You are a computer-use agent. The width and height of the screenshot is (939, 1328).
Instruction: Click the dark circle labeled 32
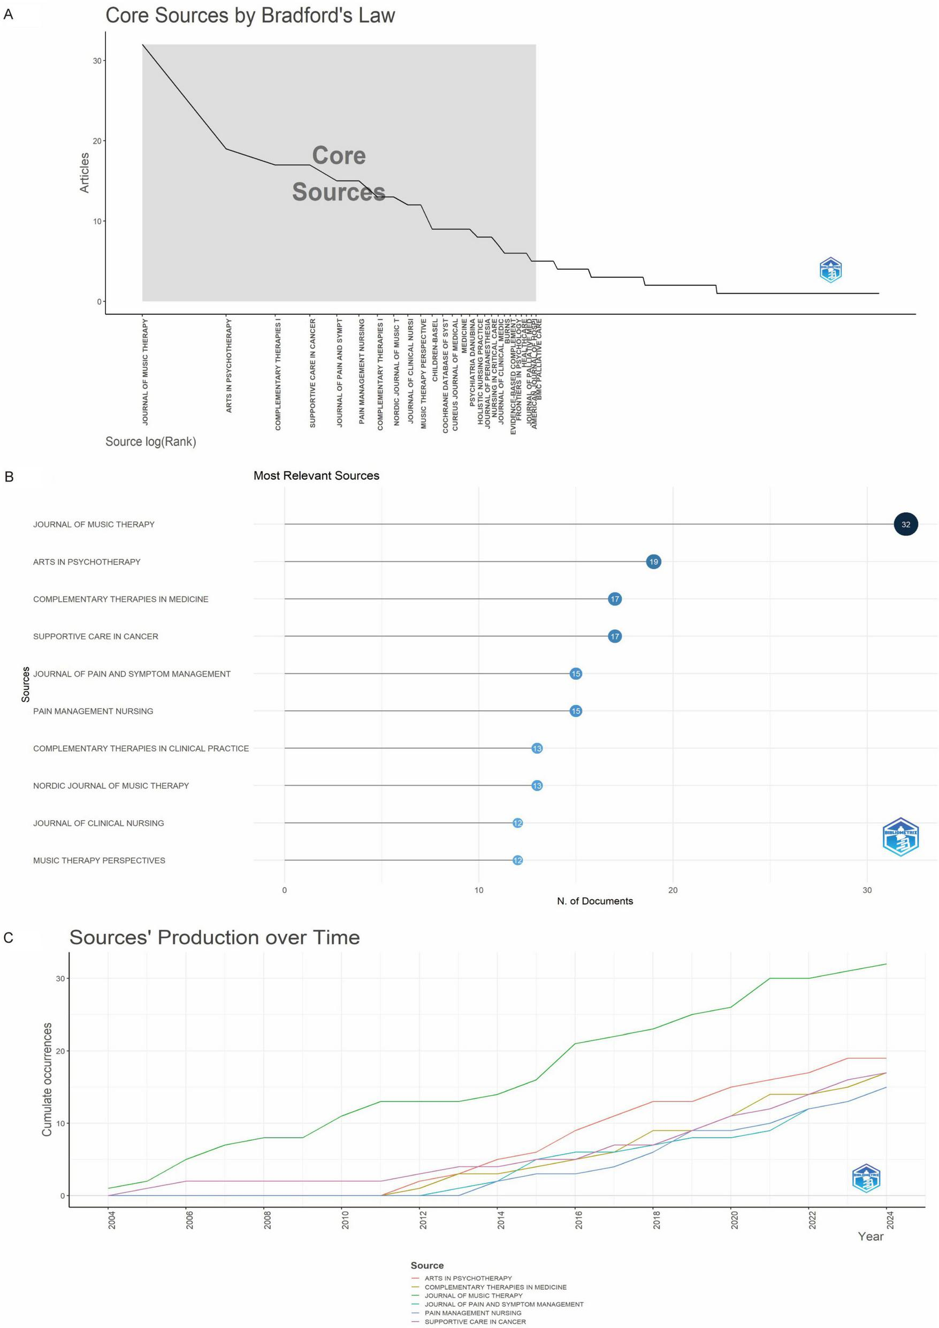tap(905, 525)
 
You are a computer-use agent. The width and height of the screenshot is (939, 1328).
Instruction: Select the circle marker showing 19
tap(653, 561)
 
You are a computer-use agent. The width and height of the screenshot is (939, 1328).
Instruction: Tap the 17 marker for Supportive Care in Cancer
tap(615, 636)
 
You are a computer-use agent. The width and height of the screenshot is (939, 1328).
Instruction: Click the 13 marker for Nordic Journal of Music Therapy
tap(537, 785)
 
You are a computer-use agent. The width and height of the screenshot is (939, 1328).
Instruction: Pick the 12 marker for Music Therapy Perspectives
tap(517, 860)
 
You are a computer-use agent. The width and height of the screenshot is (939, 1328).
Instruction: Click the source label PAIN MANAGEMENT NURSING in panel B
tap(93, 711)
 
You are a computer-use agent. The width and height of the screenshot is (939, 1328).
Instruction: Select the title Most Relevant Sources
tap(316, 475)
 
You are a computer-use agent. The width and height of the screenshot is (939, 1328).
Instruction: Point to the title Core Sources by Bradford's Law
tap(250, 16)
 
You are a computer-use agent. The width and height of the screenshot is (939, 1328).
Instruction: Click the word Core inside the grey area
tap(339, 156)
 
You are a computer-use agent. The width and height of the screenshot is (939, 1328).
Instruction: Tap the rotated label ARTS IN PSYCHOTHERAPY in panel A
tap(229, 366)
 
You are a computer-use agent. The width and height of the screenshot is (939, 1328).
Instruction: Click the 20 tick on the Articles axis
tap(97, 141)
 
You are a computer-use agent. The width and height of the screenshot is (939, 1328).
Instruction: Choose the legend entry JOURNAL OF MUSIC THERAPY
tap(473, 1295)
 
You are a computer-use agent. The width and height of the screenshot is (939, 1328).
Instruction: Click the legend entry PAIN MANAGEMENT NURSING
tap(472, 1313)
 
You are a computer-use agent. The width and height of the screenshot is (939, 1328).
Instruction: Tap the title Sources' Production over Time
tap(215, 938)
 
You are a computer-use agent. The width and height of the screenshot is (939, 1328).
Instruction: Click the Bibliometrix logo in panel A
tap(830, 270)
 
